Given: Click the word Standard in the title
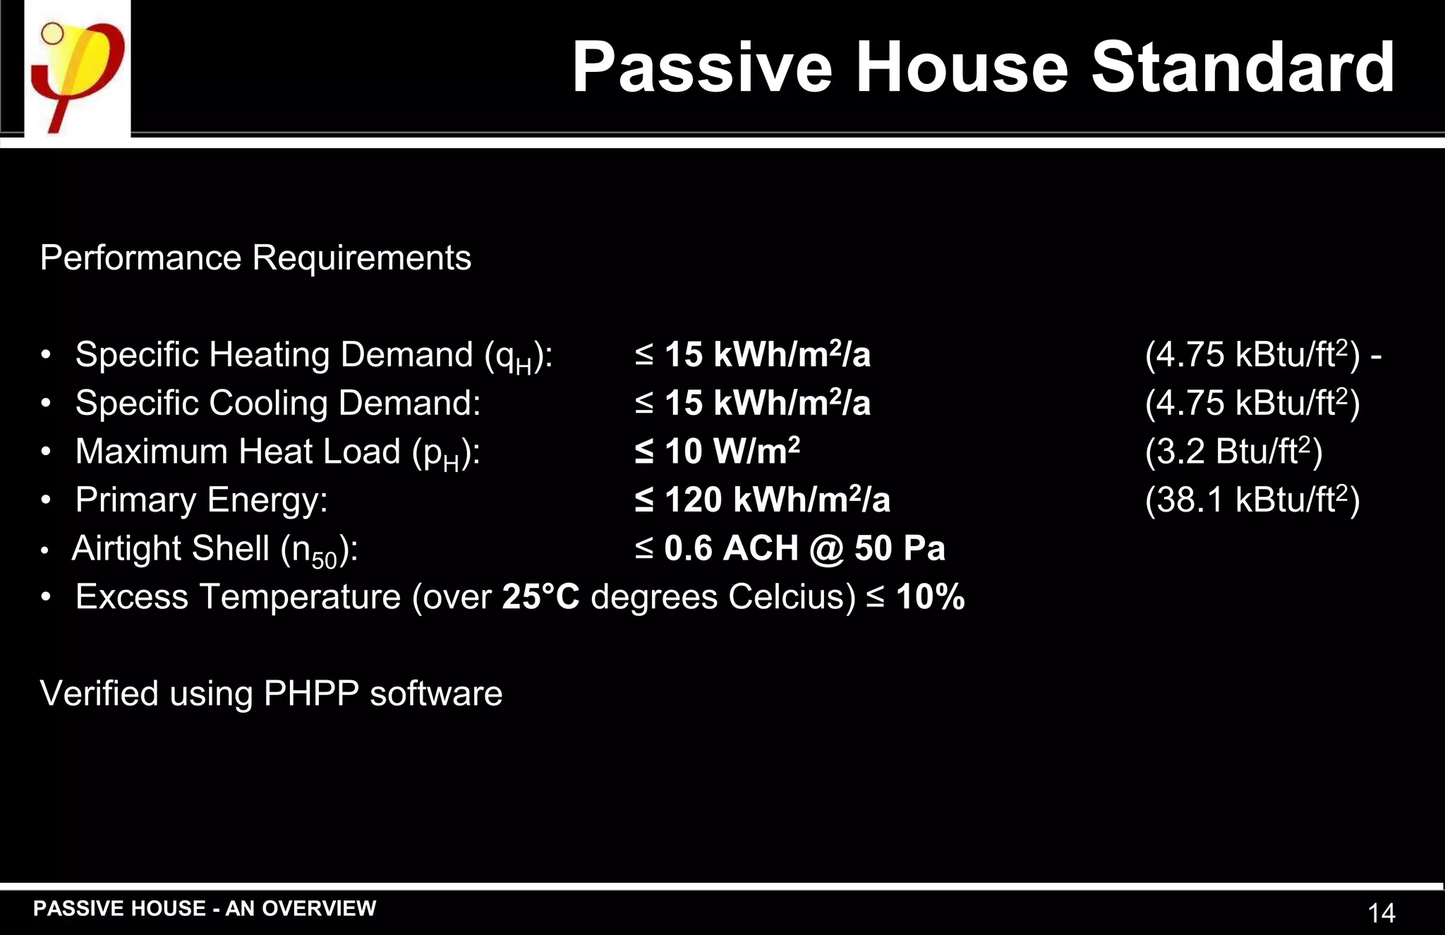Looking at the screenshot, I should (1243, 68).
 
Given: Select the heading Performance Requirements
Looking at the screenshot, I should (255, 258).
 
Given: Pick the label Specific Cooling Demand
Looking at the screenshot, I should (278, 404).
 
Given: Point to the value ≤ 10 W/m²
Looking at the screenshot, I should (717, 452).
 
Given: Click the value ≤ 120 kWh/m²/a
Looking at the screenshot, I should (762, 500).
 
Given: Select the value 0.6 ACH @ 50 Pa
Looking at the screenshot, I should (804, 549).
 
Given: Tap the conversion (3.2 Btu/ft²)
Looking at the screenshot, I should (1233, 452).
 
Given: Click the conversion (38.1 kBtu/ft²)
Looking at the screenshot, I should (1252, 500).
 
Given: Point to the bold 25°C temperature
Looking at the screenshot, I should (540, 597).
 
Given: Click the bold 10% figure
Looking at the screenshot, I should (930, 597).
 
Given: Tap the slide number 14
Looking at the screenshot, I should (1381, 913).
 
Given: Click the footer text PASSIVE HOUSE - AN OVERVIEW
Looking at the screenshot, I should (205, 908).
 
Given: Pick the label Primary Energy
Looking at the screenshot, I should (201, 500).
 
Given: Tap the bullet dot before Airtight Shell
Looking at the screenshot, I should (45, 550).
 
